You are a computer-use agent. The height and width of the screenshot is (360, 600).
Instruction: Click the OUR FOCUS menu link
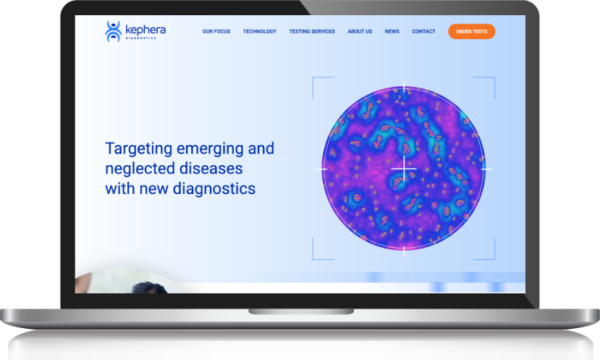pyautogui.click(x=216, y=31)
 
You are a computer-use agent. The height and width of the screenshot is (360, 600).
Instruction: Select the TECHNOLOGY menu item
pyautogui.click(x=259, y=31)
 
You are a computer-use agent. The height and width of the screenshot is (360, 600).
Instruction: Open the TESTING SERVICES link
pyautogui.click(x=312, y=31)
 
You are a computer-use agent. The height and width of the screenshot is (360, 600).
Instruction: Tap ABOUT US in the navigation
pyautogui.click(x=360, y=31)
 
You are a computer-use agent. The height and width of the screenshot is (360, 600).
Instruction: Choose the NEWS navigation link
pyautogui.click(x=392, y=31)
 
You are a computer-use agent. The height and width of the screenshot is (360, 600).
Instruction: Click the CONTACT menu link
pyautogui.click(x=423, y=31)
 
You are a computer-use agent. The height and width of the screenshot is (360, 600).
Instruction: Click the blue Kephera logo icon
pyautogui.click(x=113, y=31)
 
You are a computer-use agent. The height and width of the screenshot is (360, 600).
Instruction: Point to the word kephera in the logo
pyautogui.click(x=145, y=30)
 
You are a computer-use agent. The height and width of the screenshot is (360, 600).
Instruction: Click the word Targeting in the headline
pyautogui.click(x=138, y=149)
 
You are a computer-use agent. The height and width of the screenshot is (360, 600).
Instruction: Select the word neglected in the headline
pyautogui.click(x=140, y=169)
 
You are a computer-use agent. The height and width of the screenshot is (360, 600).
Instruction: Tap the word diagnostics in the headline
pyautogui.click(x=214, y=188)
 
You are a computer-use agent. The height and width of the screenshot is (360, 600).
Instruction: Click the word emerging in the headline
pyautogui.click(x=210, y=149)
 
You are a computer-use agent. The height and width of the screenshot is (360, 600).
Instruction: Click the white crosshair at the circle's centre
pyautogui.click(x=404, y=169)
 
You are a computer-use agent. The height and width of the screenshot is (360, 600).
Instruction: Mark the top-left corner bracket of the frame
pyautogui.click(x=313, y=78)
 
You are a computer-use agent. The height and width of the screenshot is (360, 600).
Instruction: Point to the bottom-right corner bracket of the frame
pyautogui.click(x=495, y=259)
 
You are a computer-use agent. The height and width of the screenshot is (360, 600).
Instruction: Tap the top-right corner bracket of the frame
pyautogui.click(x=495, y=78)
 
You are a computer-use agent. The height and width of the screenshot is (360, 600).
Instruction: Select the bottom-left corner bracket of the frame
pyautogui.click(x=313, y=259)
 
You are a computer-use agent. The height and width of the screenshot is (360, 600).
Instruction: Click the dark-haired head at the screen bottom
pyautogui.click(x=148, y=288)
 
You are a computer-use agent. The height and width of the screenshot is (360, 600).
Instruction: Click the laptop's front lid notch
pyautogui.click(x=301, y=311)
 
